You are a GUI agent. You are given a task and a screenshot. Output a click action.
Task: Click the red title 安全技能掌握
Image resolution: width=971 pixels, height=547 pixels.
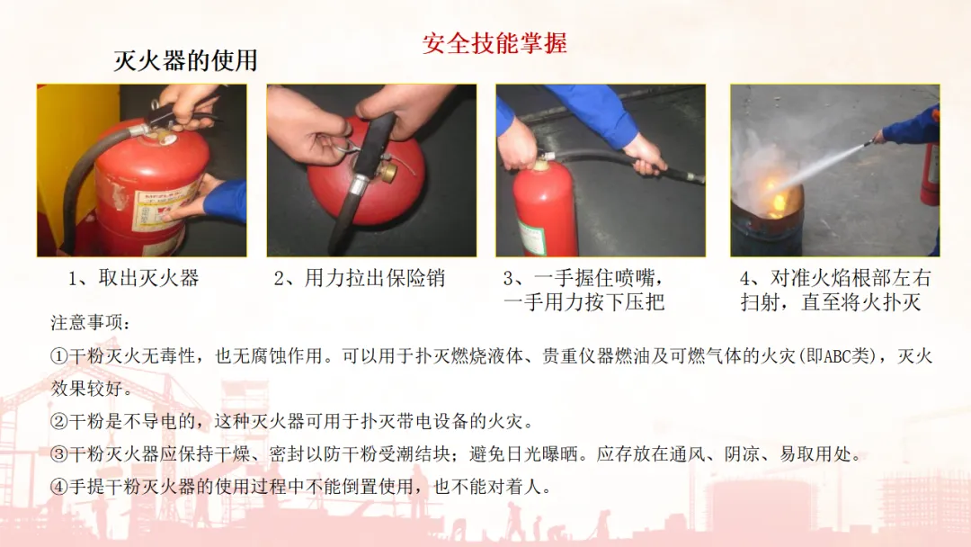(494, 43)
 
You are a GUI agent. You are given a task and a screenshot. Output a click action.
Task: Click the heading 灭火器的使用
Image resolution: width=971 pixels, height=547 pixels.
(185, 60)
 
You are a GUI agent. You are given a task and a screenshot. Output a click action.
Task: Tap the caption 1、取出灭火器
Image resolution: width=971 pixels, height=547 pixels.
(134, 278)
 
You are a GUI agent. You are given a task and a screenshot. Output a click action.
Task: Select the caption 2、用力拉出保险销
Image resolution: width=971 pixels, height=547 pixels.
(359, 278)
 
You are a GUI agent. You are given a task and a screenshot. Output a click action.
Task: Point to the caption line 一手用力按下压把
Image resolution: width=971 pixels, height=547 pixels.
(584, 302)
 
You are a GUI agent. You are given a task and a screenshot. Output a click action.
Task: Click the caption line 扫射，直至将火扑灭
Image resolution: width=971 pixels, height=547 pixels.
(831, 302)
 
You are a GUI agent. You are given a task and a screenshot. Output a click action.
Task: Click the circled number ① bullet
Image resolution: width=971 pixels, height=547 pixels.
(58, 356)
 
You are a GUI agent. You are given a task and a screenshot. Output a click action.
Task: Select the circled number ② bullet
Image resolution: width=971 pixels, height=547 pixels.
(58, 422)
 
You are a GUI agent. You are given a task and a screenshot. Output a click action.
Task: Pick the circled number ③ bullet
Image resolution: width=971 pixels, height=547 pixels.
(58, 454)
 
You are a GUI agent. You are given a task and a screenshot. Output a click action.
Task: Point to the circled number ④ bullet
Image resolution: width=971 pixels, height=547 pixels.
(58, 487)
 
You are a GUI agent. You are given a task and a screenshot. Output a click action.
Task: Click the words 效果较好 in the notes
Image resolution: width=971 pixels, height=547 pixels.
(91, 389)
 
